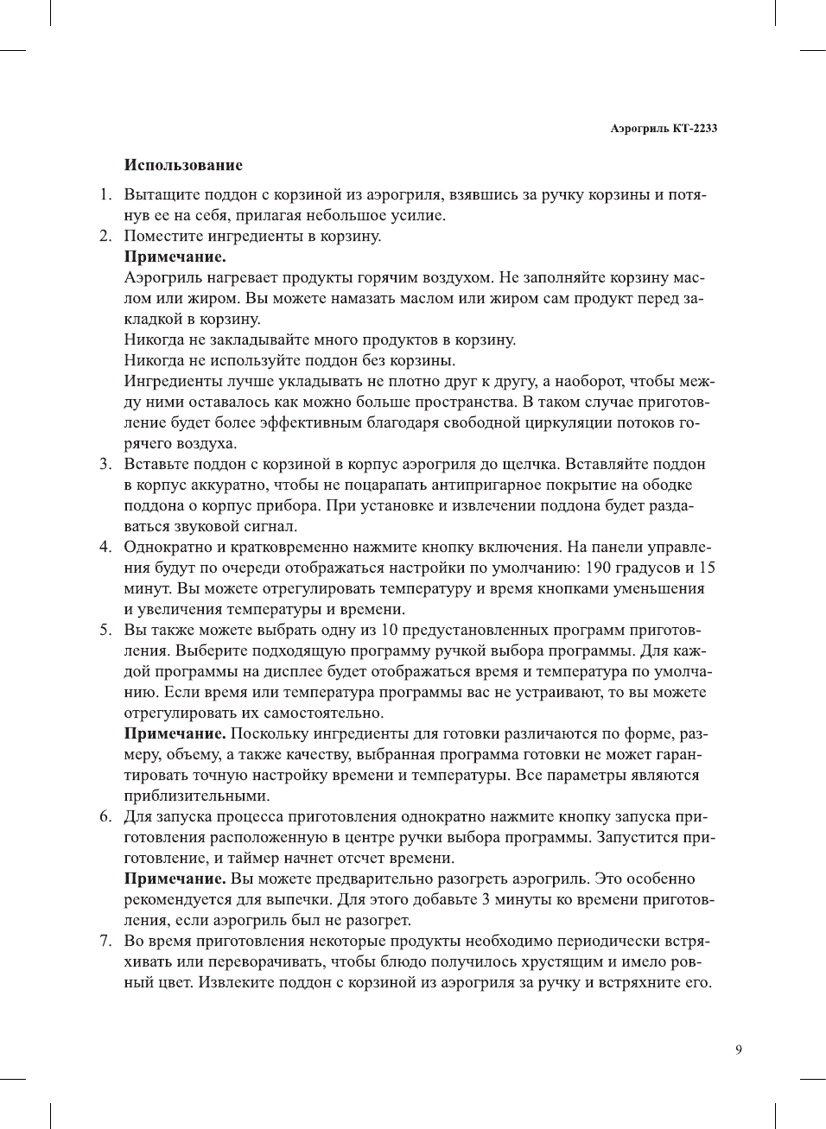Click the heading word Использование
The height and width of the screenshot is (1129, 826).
click(183, 165)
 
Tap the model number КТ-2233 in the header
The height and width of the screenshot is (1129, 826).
click(695, 129)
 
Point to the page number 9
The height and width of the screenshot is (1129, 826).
click(739, 1050)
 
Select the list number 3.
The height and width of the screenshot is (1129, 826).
click(105, 464)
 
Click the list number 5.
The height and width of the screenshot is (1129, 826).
click(105, 630)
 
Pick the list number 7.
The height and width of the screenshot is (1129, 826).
click(105, 941)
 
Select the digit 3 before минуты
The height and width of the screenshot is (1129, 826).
click(486, 899)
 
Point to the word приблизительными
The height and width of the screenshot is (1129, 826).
click(197, 796)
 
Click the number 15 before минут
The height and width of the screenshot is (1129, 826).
click(707, 568)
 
